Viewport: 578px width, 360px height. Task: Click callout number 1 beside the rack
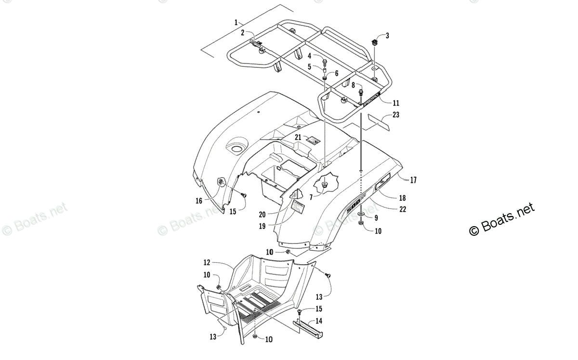pyautogui.click(x=236, y=23)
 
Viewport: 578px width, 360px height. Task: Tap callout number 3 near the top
pyautogui.click(x=387, y=36)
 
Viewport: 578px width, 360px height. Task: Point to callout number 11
pyautogui.click(x=395, y=103)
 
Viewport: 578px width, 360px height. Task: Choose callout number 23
pyautogui.click(x=396, y=115)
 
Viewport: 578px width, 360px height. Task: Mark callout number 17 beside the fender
pyautogui.click(x=413, y=180)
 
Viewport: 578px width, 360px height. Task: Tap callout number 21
pyautogui.click(x=298, y=138)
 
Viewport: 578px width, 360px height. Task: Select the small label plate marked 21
pyautogui.click(x=314, y=141)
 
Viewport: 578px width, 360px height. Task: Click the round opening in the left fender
pyautogui.click(x=236, y=146)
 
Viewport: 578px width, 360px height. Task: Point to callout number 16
pyautogui.click(x=199, y=201)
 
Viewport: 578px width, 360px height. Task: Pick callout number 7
pyautogui.click(x=311, y=197)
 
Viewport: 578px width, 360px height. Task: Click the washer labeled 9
pyautogui.click(x=361, y=212)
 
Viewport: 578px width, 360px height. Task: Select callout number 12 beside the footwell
pyautogui.click(x=206, y=262)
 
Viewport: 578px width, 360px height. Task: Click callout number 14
pyautogui.click(x=319, y=321)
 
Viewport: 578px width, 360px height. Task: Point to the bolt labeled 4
pyautogui.click(x=324, y=62)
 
